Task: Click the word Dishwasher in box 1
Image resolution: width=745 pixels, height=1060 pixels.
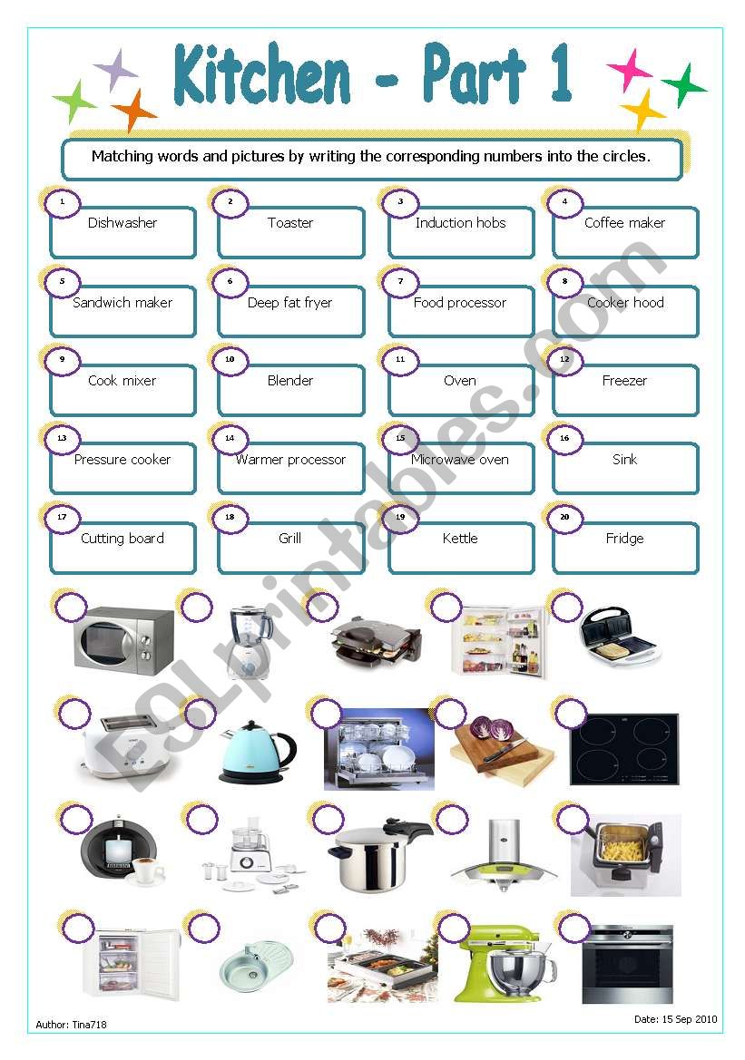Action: (x=123, y=223)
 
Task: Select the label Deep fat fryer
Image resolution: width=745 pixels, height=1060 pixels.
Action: (x=290, y=303)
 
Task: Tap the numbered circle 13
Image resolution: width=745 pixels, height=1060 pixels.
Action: (x=62, y=438)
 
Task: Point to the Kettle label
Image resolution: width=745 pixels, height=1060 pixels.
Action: (x=459, y=539)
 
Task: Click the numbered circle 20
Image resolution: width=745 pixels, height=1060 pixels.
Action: (x=565, y=517)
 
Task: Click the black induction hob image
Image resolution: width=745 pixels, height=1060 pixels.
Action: (x=623, y=749)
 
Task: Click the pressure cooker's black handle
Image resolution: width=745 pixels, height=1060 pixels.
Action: (x=408, y=830)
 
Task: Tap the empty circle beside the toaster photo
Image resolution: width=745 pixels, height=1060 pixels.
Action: (x=74, y=715)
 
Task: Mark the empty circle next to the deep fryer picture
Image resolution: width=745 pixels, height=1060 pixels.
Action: (x=573, y=821)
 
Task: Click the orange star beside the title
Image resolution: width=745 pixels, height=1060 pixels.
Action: (x=134, y=111)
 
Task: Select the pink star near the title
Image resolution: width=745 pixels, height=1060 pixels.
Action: (x=629, y=71)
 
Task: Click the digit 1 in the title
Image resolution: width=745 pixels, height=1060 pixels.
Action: (x=560, y=75)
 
